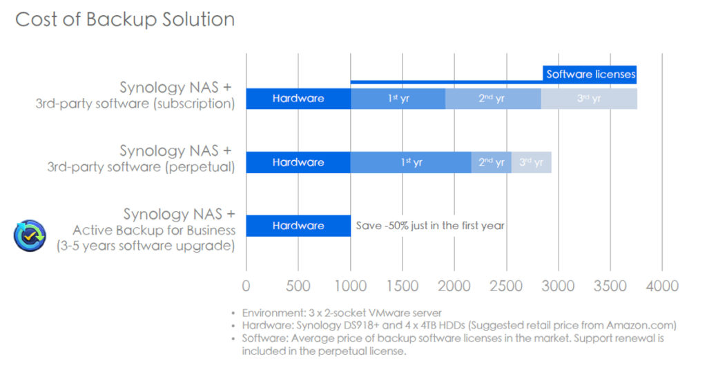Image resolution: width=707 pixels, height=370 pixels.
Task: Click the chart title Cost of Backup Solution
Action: click(x=125, y=20)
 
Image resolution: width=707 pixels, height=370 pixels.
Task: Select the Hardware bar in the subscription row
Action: click(x=298, y=99)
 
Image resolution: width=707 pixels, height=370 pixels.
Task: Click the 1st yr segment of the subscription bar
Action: click(x=398, y=99)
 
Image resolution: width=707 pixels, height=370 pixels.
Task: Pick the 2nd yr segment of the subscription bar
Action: click(x=493, y=99)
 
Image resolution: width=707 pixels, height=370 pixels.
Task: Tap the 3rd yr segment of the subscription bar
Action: click(x=589, y=99)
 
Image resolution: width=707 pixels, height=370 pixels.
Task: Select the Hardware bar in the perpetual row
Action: click(x=298, y=162)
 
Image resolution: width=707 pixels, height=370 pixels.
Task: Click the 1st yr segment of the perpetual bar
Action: click(x=411, y=162)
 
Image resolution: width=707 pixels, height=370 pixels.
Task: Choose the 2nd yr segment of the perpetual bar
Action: click(x=491, y=162)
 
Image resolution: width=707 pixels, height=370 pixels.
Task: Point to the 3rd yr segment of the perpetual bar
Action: click(x=531, y=162)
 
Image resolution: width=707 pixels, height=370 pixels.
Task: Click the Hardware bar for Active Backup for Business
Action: click(x=298, y=226)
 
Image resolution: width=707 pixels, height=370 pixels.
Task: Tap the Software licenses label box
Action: click(x=590, y=75)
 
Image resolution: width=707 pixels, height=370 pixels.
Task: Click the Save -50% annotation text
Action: click(x=430, y=226)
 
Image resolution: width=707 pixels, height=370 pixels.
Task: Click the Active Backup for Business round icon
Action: click(x=30, y=235)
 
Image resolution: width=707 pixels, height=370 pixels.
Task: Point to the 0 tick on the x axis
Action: click(x=246, y=286)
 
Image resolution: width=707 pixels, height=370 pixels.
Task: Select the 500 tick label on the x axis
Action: click(x=298, y=286)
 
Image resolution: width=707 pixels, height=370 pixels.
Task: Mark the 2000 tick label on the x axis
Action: click(x=454, y=286)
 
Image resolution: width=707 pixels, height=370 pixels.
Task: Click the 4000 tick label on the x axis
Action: click(x=662, y=286)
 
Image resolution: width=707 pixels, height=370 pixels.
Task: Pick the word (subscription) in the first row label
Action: click(x=194, y=104)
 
